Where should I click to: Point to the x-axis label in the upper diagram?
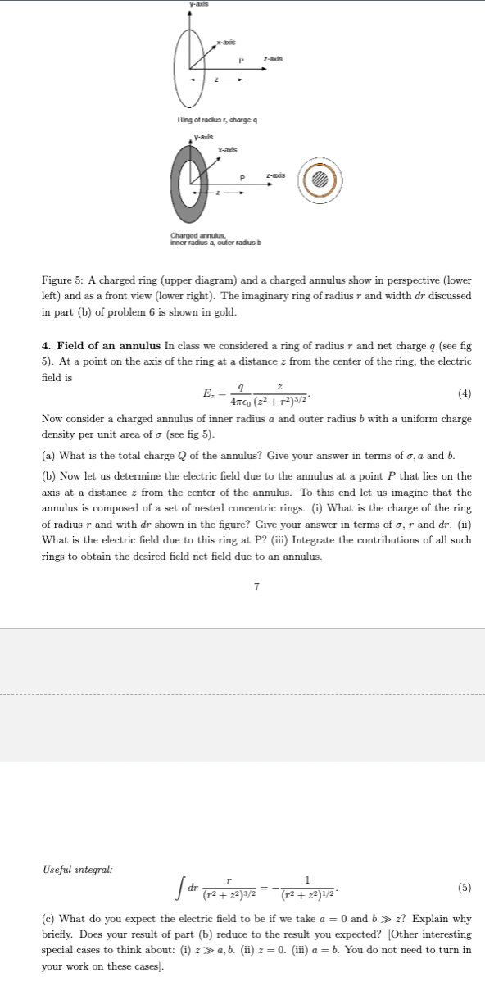coord(226,41)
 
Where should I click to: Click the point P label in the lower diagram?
coord(242,180)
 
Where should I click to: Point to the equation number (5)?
coord(465,888)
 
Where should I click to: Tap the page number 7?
coord(256,586)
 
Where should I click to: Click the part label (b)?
coord(48,476)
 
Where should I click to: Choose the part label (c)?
coord(48,920)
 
